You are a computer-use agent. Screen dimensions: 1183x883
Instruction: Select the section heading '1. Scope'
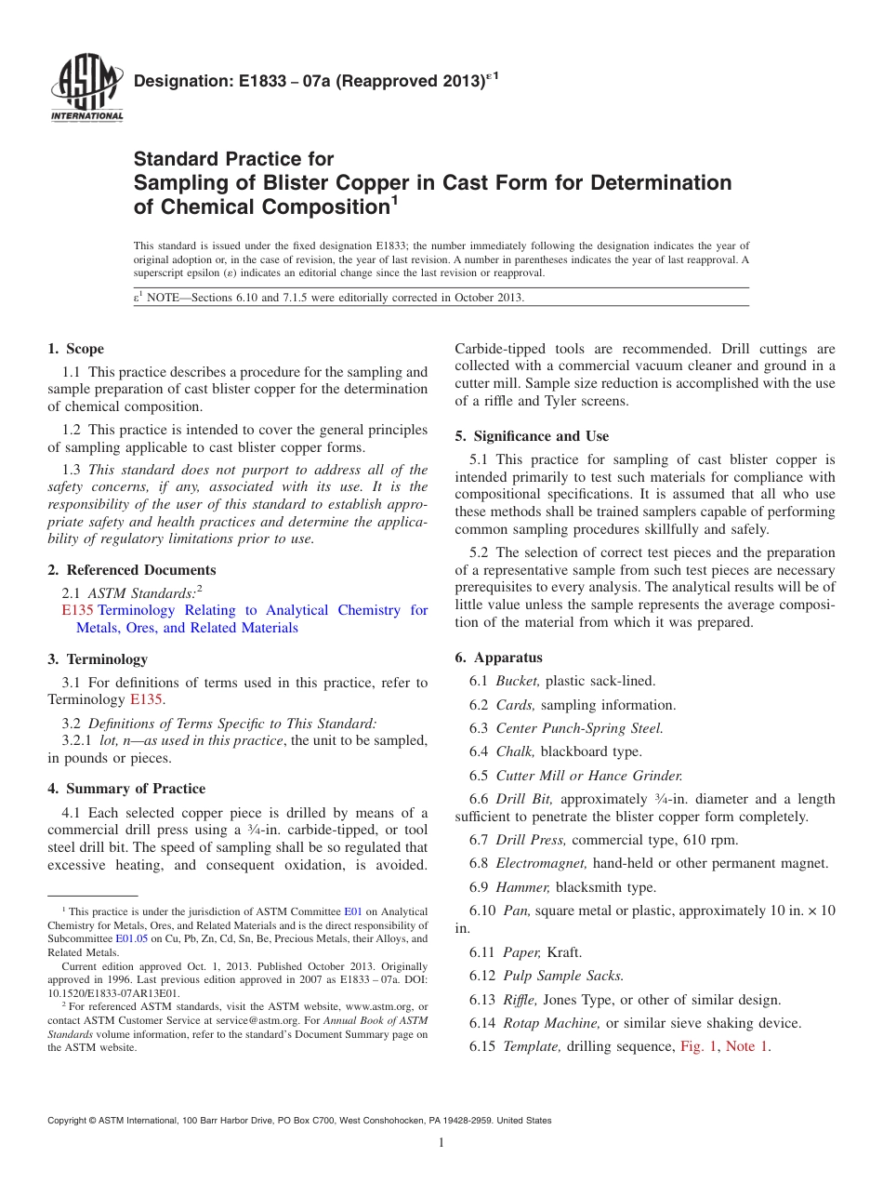pyautogui.click(x=76, y=349)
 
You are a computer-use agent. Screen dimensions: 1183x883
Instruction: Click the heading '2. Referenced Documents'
pyautogui.click(x=132, y=570)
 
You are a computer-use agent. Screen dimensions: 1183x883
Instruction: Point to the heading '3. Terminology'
pyautogui.click(x=98, y=659)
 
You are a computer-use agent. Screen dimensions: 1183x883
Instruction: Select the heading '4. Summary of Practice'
pyautogui.click(x=126, y=789)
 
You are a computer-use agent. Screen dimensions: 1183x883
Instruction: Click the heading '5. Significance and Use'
pyautogui.click(x=532, y=436)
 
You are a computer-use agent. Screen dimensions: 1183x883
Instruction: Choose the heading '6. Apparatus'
pyautogui.click(x=498, y=658)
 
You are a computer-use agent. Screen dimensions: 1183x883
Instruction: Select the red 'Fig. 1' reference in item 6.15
pyautogui.click(x=699, y=1046)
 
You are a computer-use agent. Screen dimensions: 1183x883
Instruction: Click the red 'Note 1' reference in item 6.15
pyautogui.click(x=747, y=1046)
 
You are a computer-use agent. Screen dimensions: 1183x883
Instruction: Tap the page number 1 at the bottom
pyautogui.click(x=441, y=1143)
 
